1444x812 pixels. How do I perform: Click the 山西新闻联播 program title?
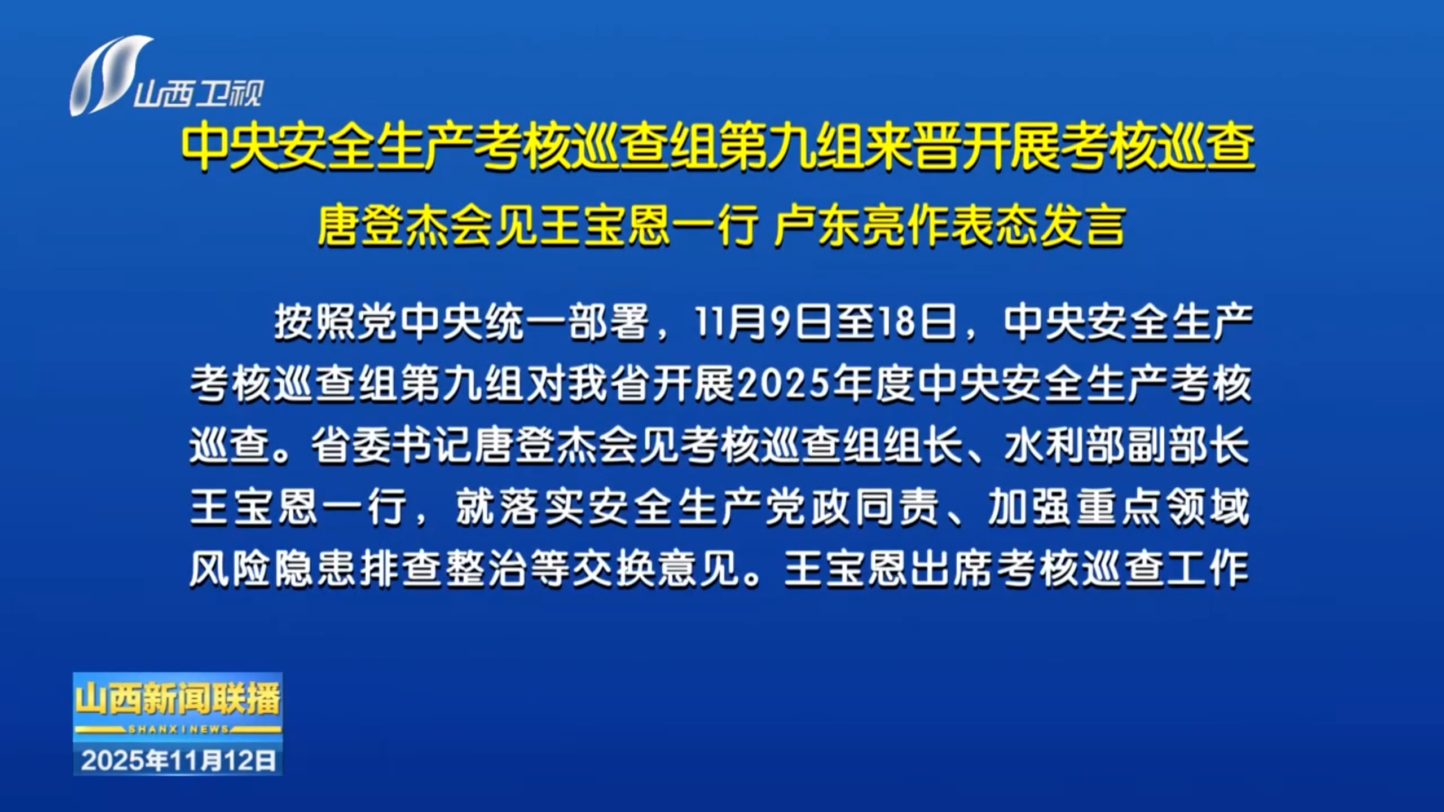(178, 699)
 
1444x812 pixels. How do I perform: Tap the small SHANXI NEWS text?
(178, 729)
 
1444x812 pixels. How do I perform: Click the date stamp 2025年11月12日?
(178, 761)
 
